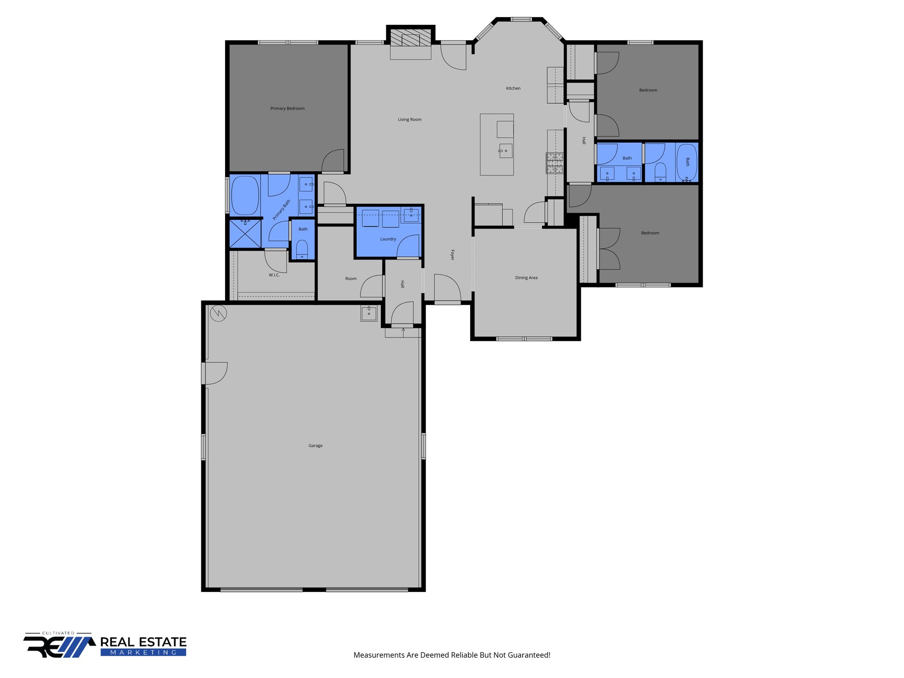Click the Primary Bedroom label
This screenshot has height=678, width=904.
287,109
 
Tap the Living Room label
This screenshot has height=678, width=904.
410,120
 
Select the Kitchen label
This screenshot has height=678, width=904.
513,88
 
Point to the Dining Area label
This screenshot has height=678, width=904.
526,278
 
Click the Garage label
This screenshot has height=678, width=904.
315,446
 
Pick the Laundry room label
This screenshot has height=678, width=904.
388,239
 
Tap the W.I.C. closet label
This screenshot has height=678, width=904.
274,275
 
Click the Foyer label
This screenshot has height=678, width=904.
452,255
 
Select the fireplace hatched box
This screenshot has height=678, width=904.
411,38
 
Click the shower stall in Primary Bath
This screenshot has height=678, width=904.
245,234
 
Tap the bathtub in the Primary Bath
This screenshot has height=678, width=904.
245,195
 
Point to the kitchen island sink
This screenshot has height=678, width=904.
505,151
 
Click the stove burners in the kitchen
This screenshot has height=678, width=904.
555,162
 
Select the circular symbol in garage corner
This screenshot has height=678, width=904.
218,313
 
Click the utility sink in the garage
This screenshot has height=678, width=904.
369,313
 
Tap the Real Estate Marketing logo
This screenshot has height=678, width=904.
106,646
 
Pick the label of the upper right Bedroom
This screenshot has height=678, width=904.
648,90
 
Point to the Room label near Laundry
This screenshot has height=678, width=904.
351,279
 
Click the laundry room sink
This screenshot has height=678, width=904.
411,215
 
